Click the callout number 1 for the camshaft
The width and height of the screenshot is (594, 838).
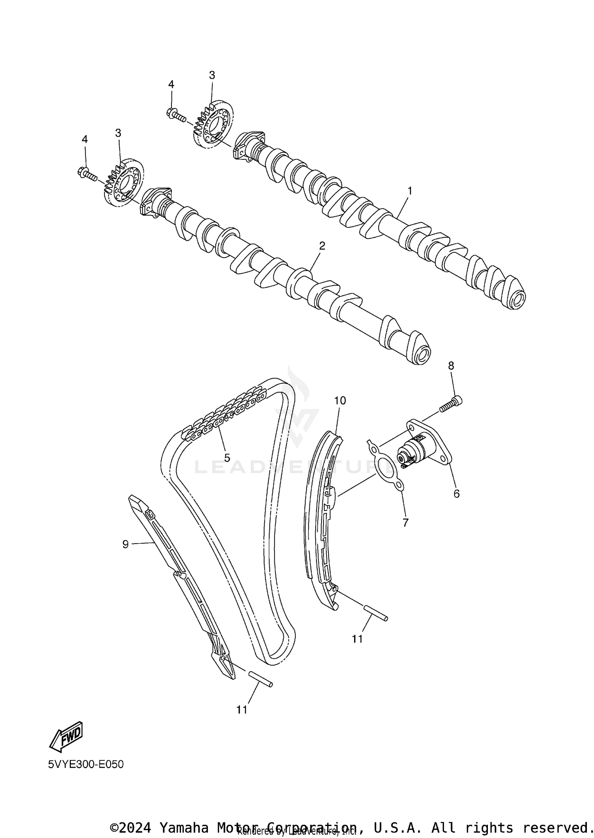(x=410, y=191)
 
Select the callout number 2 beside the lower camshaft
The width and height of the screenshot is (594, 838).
(x=322, y=246)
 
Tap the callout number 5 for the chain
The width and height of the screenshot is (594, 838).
(x=227, y=458)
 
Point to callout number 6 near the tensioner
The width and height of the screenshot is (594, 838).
(x=456, y=494)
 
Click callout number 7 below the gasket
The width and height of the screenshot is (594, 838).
(x=405, y=523)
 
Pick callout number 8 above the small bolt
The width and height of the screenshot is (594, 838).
(x=451, y=366)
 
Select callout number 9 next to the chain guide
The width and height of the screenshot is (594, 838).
(x=126, y=544)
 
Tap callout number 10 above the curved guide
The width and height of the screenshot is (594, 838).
(x=340, y=401)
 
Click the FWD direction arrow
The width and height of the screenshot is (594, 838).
(x=66, y=736)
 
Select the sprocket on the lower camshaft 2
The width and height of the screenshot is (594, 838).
(x=124, y=183)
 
